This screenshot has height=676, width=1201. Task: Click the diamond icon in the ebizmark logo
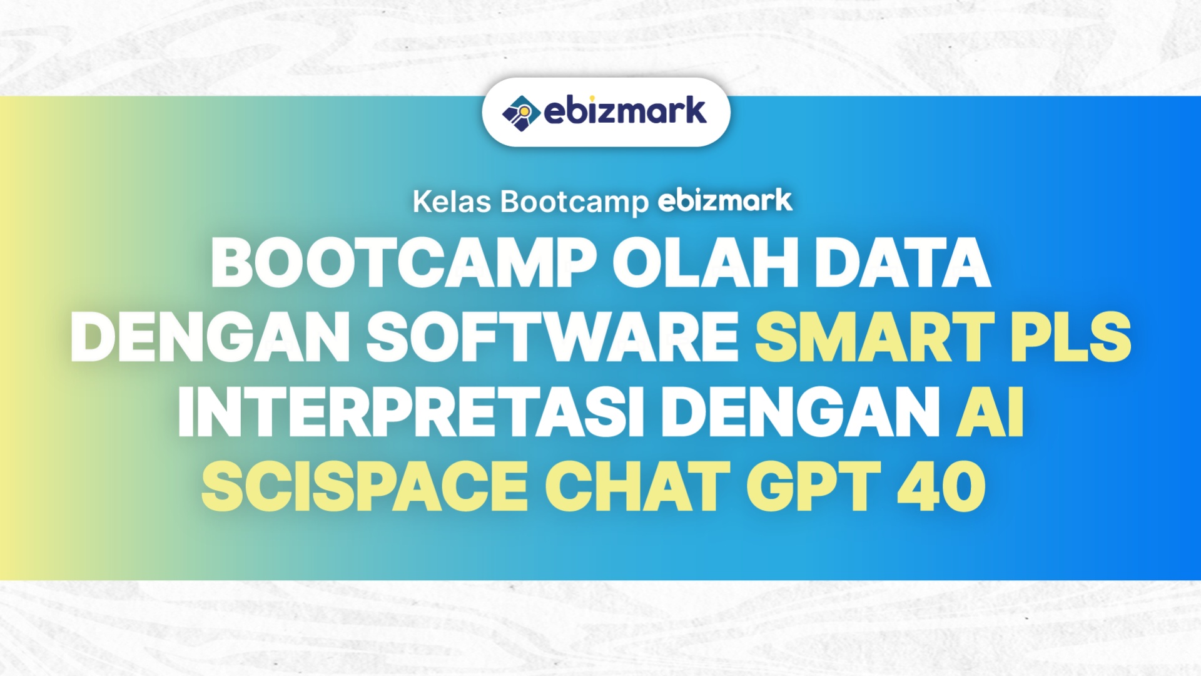pyautogui.click(x=521, y=113)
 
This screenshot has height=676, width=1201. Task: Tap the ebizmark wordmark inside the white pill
pyautogui.click(x=625, y=111)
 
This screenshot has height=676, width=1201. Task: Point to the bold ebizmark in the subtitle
pyautogui.click(x=725, y=201)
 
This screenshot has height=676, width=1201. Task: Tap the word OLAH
pyautogui.click(x=706, y=263)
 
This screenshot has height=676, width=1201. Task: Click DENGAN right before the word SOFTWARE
pyautogui.click(x=210, y=337)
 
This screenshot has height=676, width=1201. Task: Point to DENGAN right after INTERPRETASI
pyautogui.click(x=801, y=412)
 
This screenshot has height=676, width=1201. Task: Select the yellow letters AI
pyautogui.click(x=990, y=412)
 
